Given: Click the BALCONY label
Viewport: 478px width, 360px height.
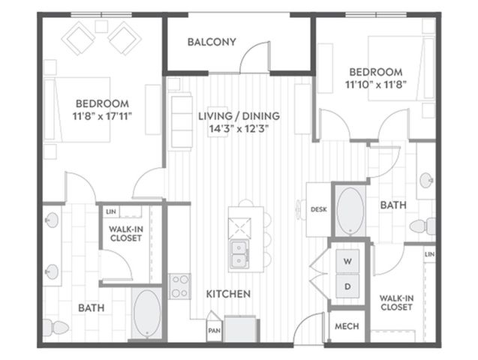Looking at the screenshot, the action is click(212, 42).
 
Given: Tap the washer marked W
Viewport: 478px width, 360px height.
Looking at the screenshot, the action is click(347, 261).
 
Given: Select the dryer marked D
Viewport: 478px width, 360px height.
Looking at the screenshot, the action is click(347, 286).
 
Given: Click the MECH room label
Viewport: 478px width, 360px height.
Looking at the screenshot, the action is click(347, 326).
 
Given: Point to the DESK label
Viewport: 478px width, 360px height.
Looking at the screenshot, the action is click(319, 209).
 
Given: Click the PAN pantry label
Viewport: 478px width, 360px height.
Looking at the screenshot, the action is click(215, 331).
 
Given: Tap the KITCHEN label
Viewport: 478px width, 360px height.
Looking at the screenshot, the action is click(228, 294).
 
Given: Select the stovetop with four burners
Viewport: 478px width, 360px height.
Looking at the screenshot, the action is click(180, 286).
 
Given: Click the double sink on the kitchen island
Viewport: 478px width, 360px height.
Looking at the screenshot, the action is click(239, 254).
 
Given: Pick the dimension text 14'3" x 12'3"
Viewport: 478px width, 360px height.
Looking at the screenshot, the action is click(239, 129).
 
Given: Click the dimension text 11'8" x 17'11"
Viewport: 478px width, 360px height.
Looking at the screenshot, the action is click(102, 116).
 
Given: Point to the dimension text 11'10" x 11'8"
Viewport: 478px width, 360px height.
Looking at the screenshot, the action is click(376, 84).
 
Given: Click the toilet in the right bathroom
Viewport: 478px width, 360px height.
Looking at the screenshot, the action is click(422, 226).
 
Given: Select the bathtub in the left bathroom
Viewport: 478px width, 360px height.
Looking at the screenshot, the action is click(147, 313).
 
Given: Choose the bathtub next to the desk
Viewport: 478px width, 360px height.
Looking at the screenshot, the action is click(350, 211).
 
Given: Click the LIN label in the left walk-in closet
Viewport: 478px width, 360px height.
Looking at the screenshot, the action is click(111, 211).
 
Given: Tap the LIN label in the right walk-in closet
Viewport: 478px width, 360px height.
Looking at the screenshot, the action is click(429, 254).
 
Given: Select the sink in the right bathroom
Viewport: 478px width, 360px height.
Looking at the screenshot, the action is click(426, 180).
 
